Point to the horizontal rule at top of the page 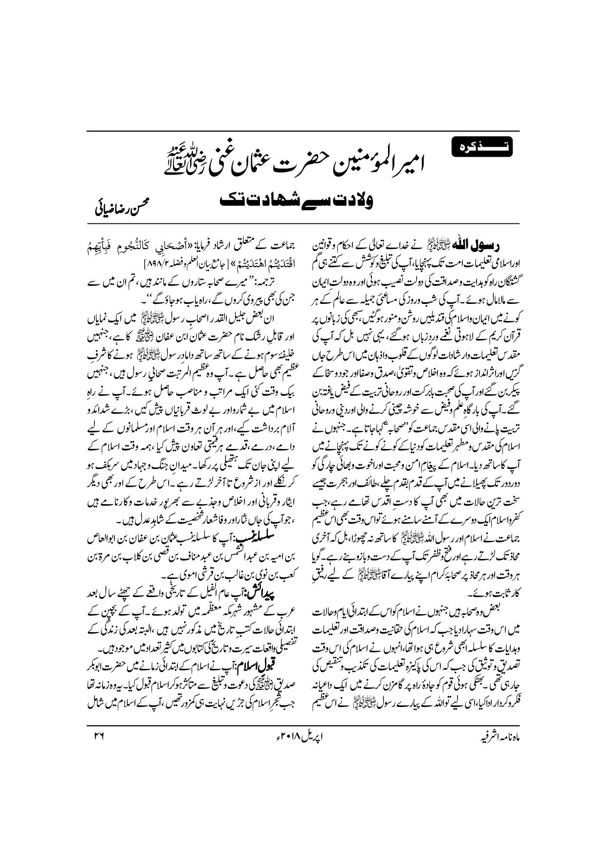(303, 131)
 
